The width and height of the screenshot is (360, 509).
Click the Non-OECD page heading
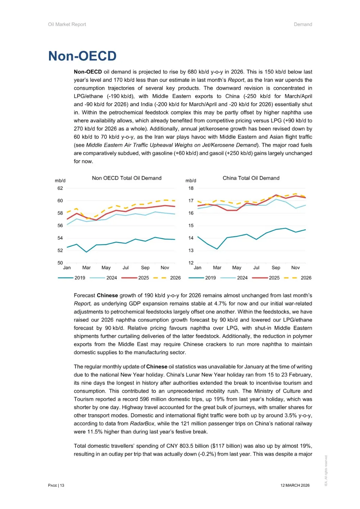tap(82, 56)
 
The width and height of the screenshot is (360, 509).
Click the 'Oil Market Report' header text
tap(67, 24)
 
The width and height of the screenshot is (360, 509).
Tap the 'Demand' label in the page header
tap(303, 24)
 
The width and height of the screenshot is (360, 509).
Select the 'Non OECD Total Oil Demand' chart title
tap(127, 178)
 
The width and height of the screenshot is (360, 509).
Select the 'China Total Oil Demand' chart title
tap(251, 178)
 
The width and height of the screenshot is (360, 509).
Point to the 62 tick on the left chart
tap(60, 188)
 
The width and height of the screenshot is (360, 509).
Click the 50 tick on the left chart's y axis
tap(60, 263)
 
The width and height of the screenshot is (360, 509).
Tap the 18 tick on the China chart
tap(191, 188)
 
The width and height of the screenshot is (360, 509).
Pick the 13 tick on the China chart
tap(191, 251)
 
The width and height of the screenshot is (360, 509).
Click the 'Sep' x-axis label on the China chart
tap(276, 268)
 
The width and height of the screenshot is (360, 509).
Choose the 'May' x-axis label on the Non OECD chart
tap(106, 268)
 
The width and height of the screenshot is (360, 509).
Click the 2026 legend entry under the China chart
tap(306, 278)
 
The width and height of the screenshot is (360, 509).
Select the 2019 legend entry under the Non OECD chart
tap(80, 278)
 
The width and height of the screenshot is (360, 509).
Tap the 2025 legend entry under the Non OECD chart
tap(143, 278)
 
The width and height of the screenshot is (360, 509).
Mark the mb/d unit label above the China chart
tap(191, 181)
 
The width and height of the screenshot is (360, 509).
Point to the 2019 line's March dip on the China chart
tap(217, 249)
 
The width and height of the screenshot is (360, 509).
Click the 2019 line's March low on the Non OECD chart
tap(86, 252)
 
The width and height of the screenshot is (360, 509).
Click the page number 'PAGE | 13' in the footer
tap(56, 485)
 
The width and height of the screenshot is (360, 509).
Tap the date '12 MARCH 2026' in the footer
tap(295, 485)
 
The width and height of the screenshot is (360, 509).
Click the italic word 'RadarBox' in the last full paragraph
tap(142, 424)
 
